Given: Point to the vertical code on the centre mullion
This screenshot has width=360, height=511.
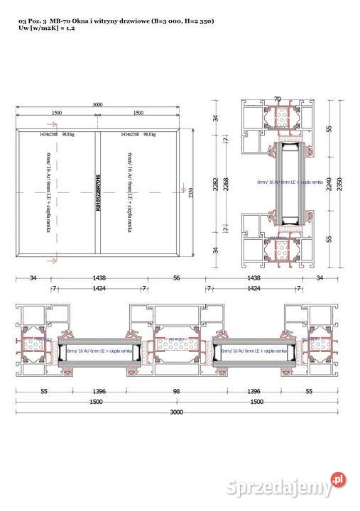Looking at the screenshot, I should click(x=98, y=192).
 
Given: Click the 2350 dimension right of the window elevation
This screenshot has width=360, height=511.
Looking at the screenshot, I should click(x=190, y=192).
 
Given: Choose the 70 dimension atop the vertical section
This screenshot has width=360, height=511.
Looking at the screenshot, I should click(x=278, y=99).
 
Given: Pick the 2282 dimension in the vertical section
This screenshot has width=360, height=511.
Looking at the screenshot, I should click(x=215, y=183).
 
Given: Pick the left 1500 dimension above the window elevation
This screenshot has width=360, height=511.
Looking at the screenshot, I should click(x=55, y=113).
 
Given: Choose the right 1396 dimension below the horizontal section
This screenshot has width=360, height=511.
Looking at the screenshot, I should click(x=250, y=391).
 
